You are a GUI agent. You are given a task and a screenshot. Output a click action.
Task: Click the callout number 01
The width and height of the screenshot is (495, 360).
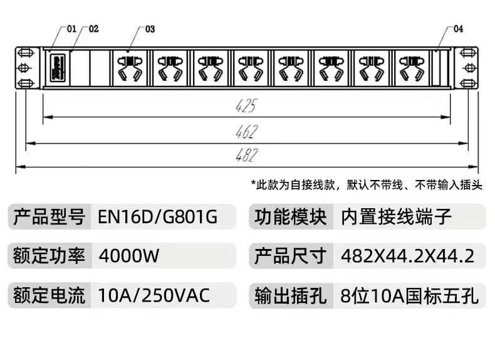[70, 29]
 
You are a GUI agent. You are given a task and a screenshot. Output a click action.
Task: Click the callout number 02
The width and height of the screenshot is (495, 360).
[93, 29]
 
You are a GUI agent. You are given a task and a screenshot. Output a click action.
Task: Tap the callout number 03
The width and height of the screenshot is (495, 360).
[150, 29]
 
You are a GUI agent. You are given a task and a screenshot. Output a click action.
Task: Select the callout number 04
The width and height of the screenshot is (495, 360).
[458, 29]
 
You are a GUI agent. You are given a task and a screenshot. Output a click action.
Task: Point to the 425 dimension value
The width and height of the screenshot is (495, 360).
[246, 107]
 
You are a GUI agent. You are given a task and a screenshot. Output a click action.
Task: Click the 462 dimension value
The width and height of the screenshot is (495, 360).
[246, 132]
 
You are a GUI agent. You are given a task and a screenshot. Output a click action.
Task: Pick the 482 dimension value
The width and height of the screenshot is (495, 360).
[246, 156]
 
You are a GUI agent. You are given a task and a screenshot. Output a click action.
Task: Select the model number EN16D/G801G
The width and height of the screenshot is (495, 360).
[158, 218]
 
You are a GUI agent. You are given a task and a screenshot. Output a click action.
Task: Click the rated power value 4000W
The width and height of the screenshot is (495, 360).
[130, 256]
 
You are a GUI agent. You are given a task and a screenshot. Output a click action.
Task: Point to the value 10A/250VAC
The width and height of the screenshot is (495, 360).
[154, 295]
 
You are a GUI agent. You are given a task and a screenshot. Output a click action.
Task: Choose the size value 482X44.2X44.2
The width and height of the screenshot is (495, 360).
[407, 256]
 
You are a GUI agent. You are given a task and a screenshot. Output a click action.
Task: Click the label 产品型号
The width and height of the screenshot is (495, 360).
[48, 218]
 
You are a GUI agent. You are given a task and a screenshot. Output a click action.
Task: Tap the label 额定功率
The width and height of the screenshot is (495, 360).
[48, 256]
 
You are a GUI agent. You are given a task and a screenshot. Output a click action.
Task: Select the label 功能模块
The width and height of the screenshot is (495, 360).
[291, 218]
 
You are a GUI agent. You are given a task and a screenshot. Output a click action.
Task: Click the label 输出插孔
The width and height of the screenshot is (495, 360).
[291, 295]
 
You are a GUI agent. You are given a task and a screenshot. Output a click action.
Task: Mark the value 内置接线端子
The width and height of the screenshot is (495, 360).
[396, 218]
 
